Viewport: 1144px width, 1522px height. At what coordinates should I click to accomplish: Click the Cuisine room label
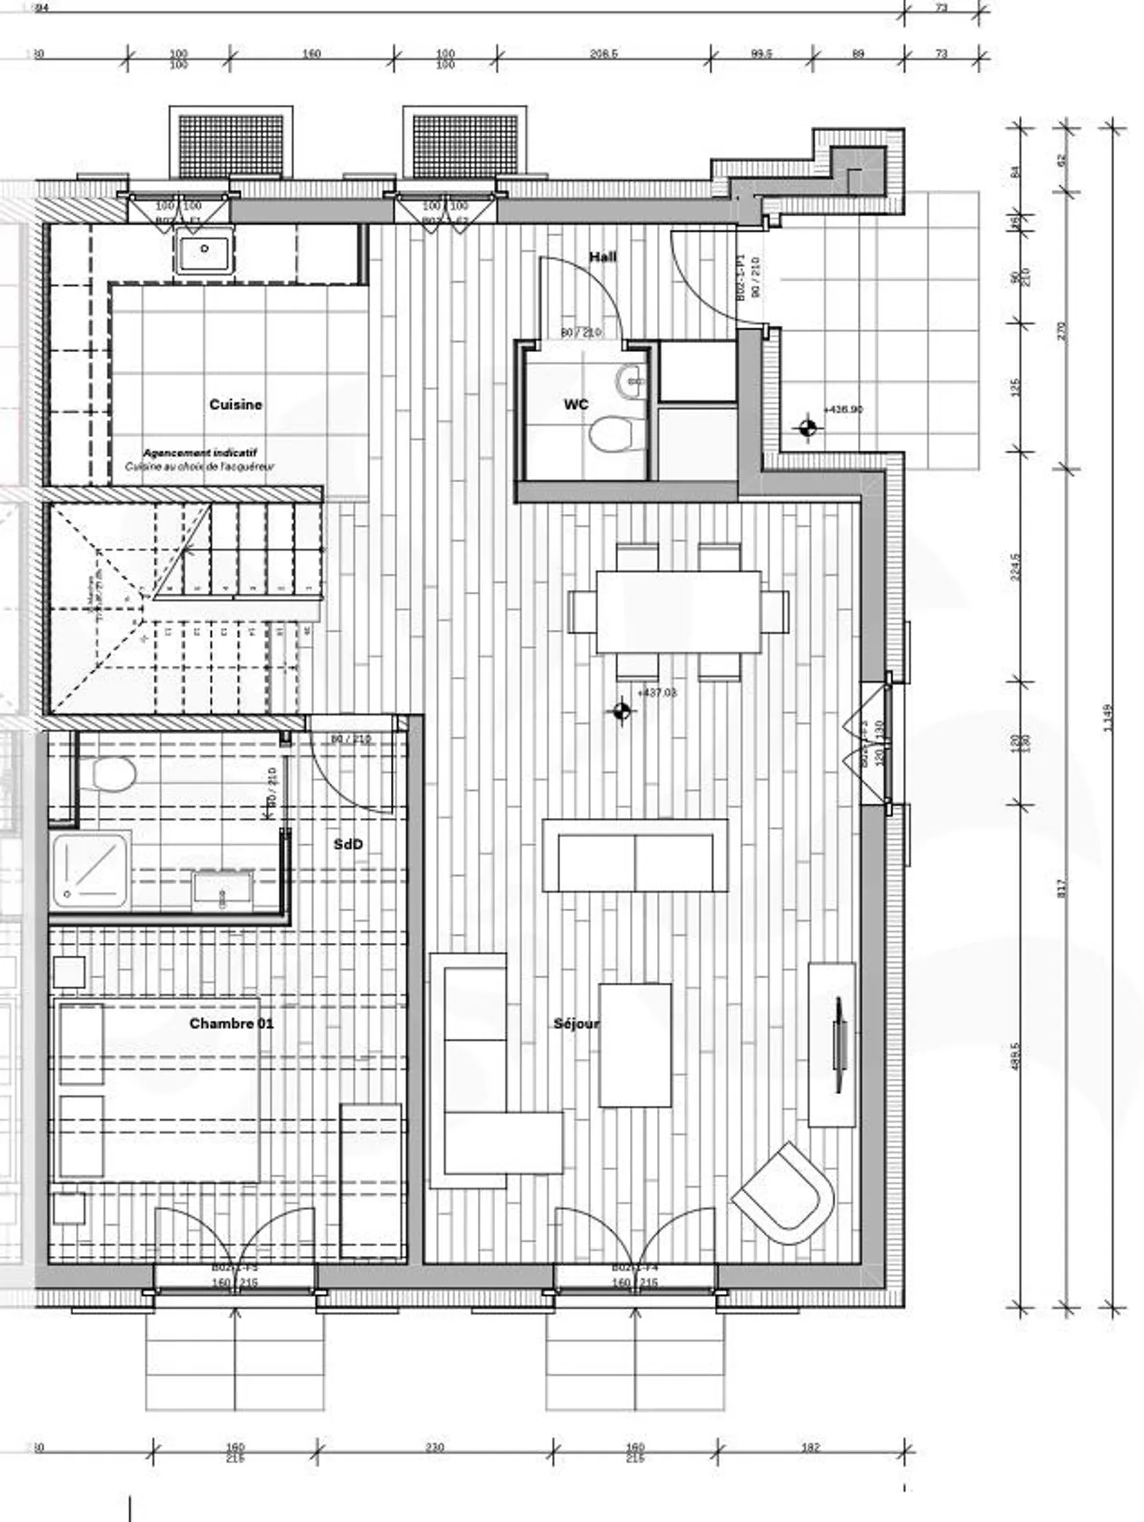235,404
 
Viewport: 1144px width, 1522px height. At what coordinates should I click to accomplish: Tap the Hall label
602,257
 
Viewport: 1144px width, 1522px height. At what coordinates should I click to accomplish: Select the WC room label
576,404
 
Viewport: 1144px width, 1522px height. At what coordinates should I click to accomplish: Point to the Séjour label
576,1023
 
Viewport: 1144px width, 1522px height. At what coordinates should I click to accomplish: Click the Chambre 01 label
231,1023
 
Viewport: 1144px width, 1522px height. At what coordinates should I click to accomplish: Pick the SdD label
348,844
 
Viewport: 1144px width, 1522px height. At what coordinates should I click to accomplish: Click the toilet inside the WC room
610,434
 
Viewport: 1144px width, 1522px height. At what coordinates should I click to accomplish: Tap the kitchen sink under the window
205,252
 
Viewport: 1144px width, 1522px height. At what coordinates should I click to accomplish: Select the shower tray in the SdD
91,870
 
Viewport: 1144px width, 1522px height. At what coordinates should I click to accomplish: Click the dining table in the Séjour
678,611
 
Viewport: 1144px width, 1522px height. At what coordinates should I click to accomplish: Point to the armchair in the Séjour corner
784,1195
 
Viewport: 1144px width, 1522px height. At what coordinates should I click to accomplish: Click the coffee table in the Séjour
635,1044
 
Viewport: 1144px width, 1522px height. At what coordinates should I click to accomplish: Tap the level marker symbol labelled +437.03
622,711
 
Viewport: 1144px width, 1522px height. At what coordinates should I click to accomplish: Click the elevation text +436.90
843,409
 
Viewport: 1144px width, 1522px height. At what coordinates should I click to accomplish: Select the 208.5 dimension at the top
604,54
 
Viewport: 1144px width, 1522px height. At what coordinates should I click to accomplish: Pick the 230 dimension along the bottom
435,1447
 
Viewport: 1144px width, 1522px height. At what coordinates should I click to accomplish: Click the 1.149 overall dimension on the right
1109,718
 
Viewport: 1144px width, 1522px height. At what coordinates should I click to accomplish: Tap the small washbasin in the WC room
633,380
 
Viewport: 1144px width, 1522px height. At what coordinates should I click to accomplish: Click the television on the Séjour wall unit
839,1043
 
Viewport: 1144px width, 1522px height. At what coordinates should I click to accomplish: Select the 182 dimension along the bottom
810,1447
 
